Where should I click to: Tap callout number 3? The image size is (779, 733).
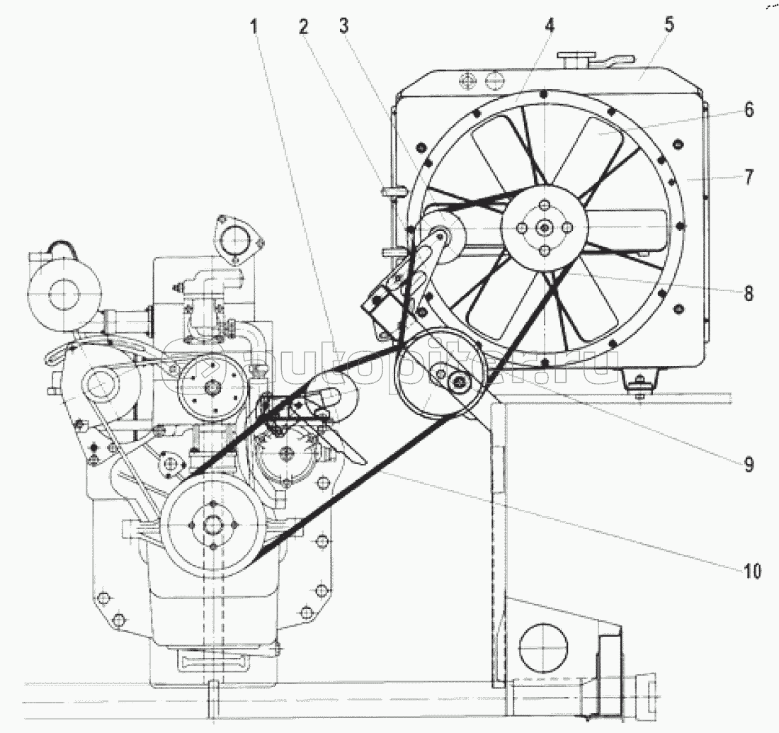pyautogui.click(x=344, y=25)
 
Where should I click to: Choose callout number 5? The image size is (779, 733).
pyautogui.click(x=670, y=24)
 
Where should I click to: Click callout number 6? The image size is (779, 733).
pyautogui.click(x=749, y=109)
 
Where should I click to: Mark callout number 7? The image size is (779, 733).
pyautogui.click(x=749, y=177)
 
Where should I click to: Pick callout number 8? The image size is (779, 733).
pyautogui.click(x=749, y=293)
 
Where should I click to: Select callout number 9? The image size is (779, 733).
pyautogui.click(x=749, y=465)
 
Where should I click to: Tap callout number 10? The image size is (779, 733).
pyautogui.click(x=752, y=572)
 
